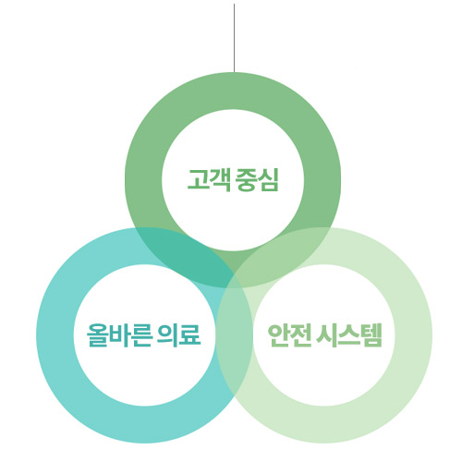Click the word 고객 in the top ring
(x=209, y=179)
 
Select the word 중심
(x=257, y=179)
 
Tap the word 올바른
(x=119, y=335)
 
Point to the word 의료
(x=179, y=335)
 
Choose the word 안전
(x=289, y=335)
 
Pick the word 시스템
(x=349, y=335)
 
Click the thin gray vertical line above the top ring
(x=234, y=38)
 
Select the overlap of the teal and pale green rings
(x=234, y=335)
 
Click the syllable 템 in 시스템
(x=371, y=335)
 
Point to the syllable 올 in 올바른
(x=97, y=335)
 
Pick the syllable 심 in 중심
(x=268, y=179)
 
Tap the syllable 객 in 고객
(x=220, y=180)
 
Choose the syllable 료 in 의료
(x=189, y=335)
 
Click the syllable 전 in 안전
(x=300, y=335)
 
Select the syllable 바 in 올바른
(x=119, y=335)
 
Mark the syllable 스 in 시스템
(x=349, y=335)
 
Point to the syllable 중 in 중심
(x=247, y=179)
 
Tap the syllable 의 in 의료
(x=167, y=335)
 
